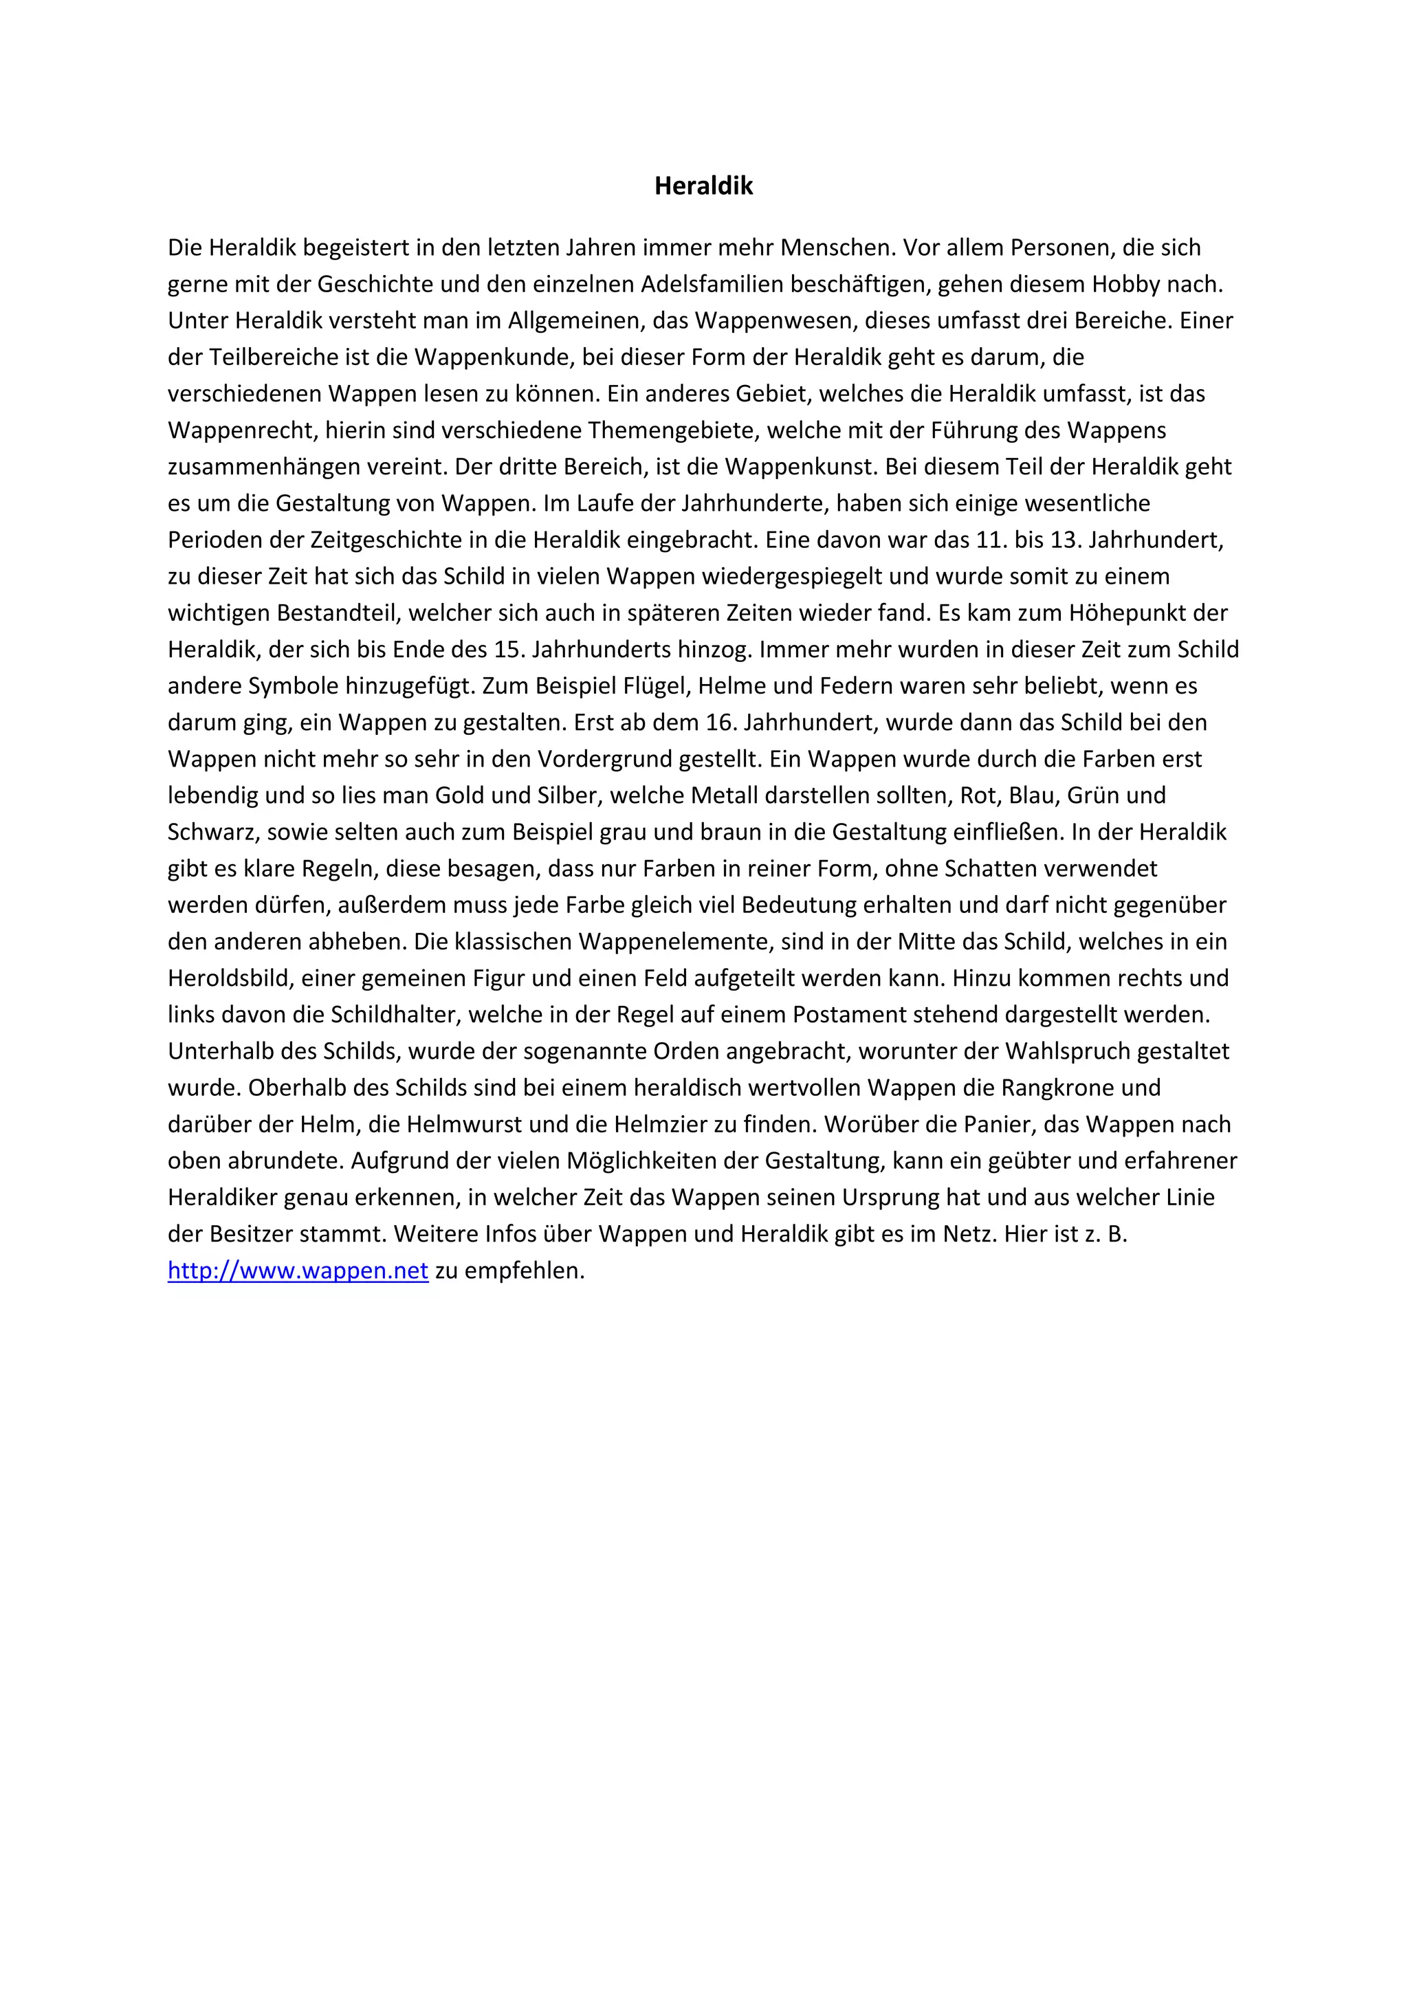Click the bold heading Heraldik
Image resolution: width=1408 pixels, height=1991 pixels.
[x=703, y=186]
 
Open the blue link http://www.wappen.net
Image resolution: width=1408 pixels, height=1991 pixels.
[x=298, y=1270]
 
